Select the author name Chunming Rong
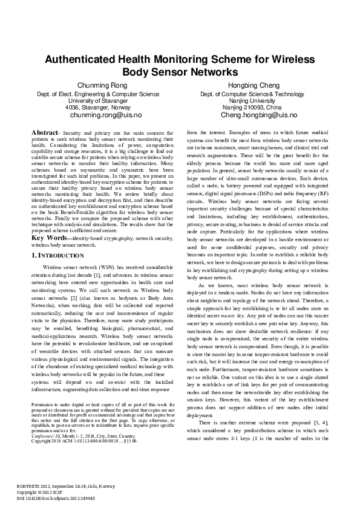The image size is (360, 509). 106,85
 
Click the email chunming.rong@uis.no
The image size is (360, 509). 106,114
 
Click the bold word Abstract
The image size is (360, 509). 45,131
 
